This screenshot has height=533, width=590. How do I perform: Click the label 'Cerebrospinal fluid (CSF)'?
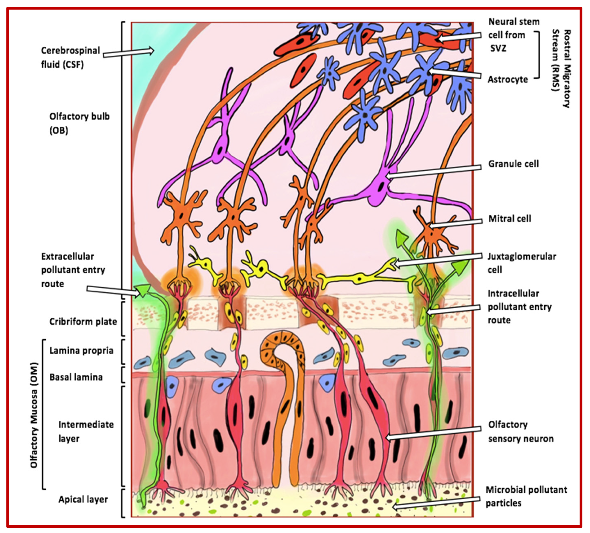(70, 58)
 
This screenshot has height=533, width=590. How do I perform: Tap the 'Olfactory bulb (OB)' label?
(79, 123)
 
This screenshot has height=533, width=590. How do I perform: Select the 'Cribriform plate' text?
(83, 321)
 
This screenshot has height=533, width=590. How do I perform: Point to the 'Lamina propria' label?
(81, 351)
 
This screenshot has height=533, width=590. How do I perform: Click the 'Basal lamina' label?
(76, 377)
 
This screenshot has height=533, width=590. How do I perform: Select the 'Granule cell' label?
(513, 164)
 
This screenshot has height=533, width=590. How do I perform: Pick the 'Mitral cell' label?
(510, 218)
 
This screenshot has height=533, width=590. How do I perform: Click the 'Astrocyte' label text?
(508, 79)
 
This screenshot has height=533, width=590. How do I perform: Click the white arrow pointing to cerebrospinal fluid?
(128, 52)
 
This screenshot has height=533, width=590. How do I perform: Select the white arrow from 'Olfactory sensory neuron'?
(433, 433)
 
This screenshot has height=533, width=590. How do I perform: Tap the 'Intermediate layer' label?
(86, 431)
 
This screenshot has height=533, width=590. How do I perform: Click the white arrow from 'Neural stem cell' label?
(459, 37)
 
